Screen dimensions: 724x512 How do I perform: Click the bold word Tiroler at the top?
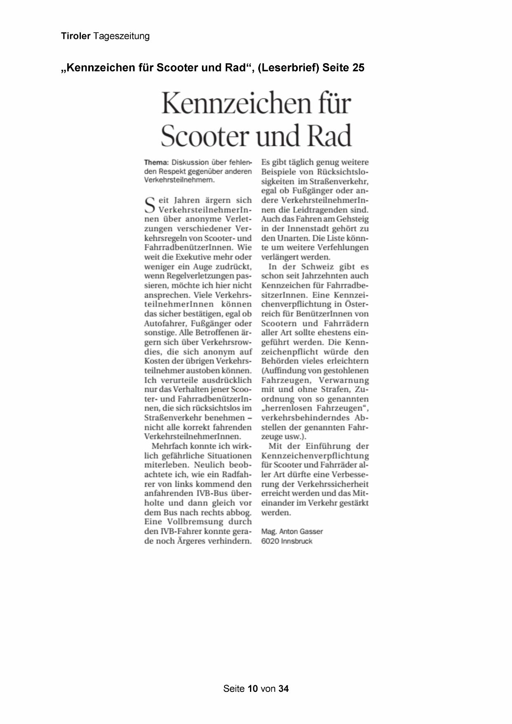coord(76,36)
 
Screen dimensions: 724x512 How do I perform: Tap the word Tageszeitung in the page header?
coord(121,36)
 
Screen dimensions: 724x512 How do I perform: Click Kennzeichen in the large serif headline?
coord(236,103)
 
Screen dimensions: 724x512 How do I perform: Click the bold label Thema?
coord(156,162)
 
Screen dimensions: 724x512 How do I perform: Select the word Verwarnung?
coord(344,380)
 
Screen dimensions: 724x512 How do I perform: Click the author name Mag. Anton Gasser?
coord(292,532)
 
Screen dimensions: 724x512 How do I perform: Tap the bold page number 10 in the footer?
coord(253,689)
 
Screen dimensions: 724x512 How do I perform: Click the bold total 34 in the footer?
coord(283,689)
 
